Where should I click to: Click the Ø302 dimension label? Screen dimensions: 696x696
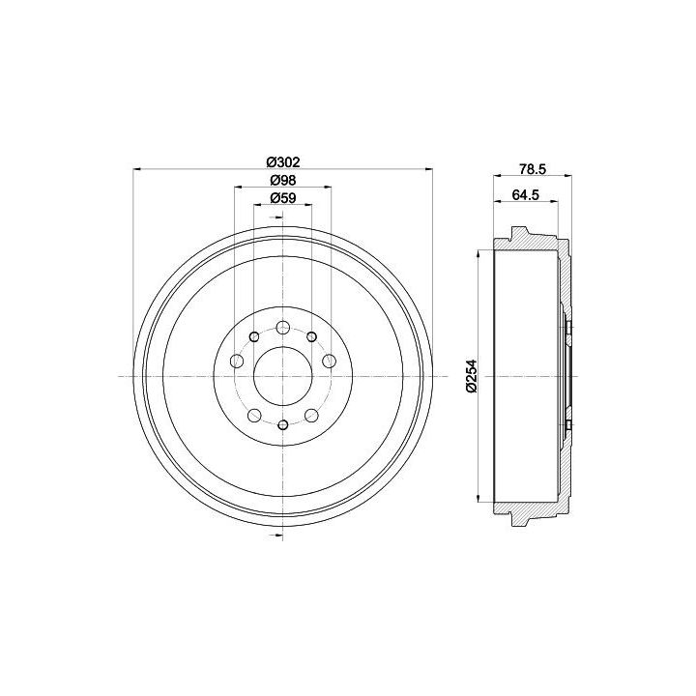(x=283, y=162)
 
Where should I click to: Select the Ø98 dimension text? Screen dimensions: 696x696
(x=283, y=180)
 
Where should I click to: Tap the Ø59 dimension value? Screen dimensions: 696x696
(x=283, y=198)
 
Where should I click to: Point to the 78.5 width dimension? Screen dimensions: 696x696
(x=532, y=168)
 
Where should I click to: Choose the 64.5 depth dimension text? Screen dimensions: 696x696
(x=526, y=194)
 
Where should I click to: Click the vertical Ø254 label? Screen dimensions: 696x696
(x=472, y=375)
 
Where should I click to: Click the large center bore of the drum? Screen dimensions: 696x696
(x=282, y=376)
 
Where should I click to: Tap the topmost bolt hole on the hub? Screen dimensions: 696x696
(x=282, y=329)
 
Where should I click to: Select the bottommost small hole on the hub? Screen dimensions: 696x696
(x=282, y=424)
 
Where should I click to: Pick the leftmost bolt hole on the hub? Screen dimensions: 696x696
(x=237, y=361)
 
